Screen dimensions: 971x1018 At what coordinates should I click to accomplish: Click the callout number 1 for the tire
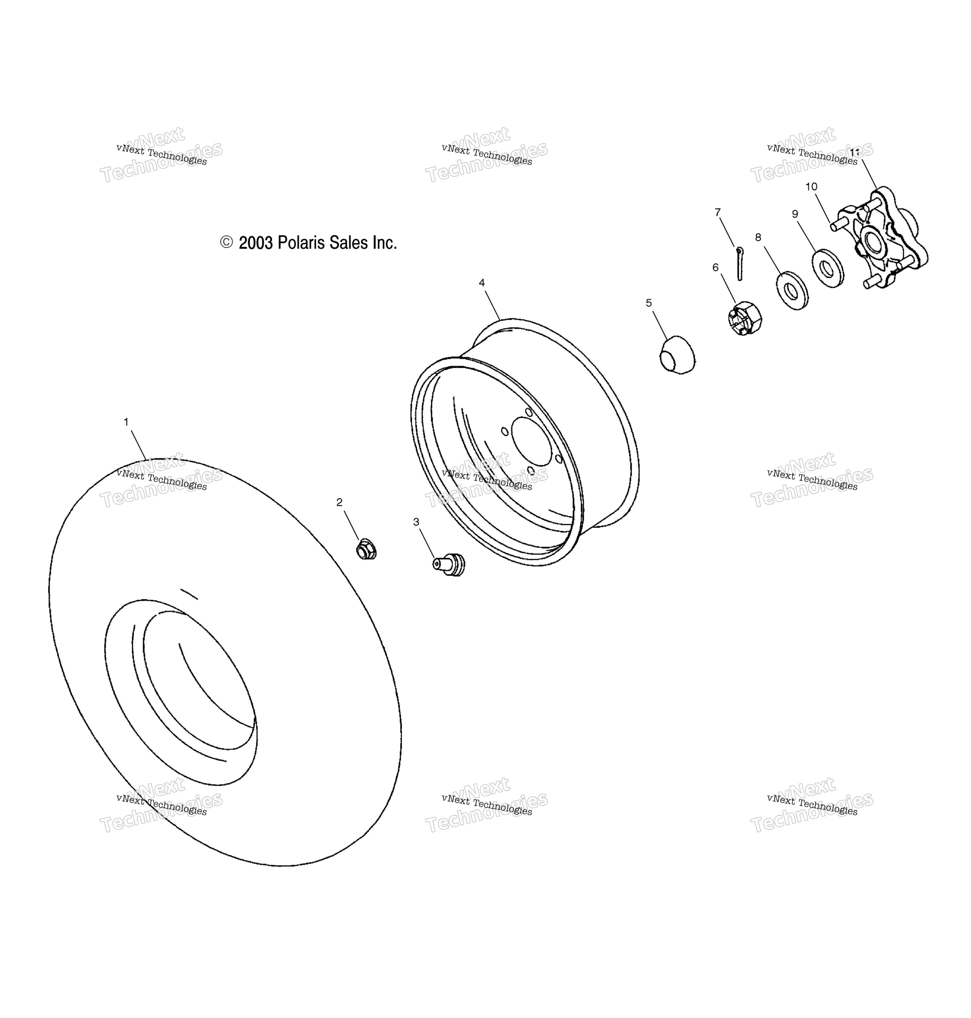point(126,422)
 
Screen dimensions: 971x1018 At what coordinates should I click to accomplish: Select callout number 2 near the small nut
point(339,502)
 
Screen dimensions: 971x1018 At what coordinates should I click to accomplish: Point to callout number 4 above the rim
point(482,283)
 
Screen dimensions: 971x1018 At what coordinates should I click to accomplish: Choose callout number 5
point(649,303)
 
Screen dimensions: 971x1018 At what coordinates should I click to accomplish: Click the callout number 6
point(715,267)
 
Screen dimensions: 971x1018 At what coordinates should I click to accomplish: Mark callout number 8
point(758,237)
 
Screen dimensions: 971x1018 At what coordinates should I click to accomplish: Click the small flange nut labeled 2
point(366,549)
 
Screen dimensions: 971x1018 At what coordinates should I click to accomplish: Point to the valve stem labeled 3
point(449,564)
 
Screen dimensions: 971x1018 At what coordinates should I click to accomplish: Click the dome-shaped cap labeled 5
point(678,355)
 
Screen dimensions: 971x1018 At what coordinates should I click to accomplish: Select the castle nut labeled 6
point(744,319)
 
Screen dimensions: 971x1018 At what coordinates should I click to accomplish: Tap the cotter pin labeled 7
point(740,263)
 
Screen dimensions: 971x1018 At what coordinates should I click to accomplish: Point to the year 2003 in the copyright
point(256,243)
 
